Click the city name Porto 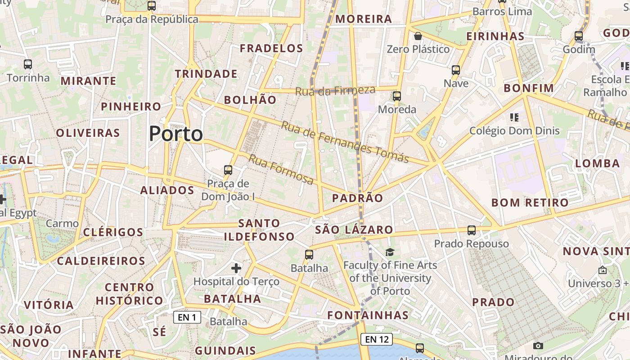pyautogui.click(x=176, y=134)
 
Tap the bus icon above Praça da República pyautogui.click(x=152, y=6)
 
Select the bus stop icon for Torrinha pyautogui.click(x=28, y=64)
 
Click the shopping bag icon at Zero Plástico pyautogui.click(x=418, y=36)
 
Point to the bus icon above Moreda pyautogui.click(x=396, y=96)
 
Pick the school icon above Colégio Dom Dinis pyautogui.click(x=514, y=117)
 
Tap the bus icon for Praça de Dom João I pyautogui.click(x=228, y=170)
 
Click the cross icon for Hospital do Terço pyautogui.click(x=236, y=269)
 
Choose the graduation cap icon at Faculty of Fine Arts pyautogui.click(x=390, y=252)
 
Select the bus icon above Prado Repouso pyautogui.click(x=471, y=230)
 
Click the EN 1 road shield pyautogui.click(x=187, y=317)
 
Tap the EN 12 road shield pyautogui.click(x=377, y=339)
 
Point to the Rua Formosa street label pyautogui.click(x=281, y=169)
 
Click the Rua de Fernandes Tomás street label pyautogui.click(x=345, y=142)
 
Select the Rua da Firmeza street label pyautogui.click(x=335, y=90)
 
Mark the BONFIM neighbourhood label pyautogui.click(x=529, y=88)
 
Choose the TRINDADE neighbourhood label pyautogui.click(x=206, y=74)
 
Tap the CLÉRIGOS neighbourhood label pyautogui.click(x=113, y=232)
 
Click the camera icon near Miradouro pyautogui.click(x=538, y=346)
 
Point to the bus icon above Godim pyautogui.click(x=579, y=36)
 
